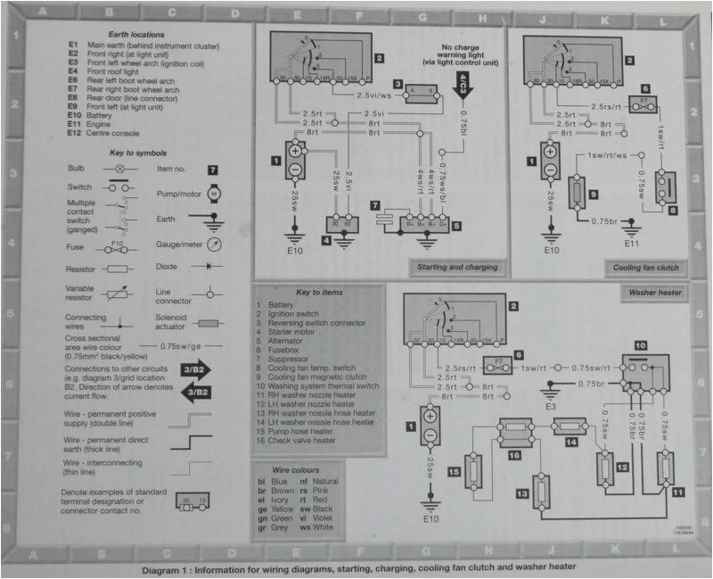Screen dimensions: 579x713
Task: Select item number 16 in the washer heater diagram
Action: click(514, 455)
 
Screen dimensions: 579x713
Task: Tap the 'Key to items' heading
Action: click(318, 293)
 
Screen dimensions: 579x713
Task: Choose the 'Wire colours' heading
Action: click(307, 467)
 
